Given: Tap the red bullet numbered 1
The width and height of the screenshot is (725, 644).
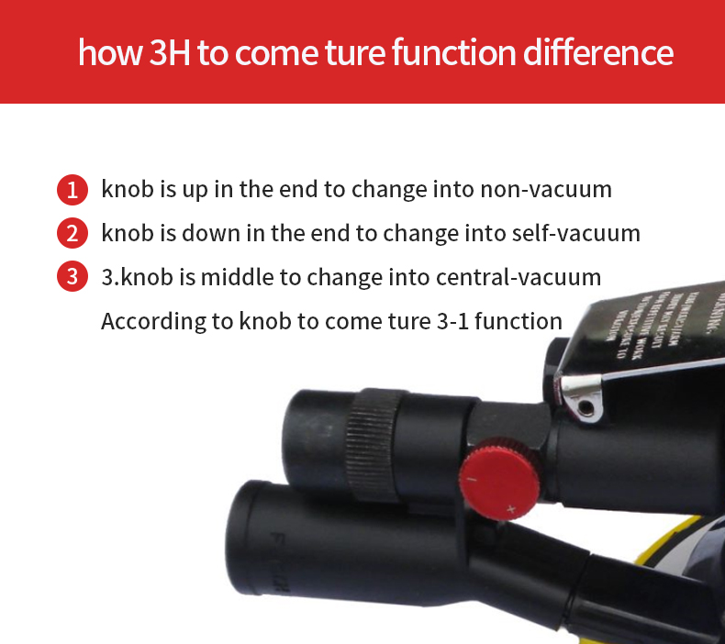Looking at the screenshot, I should (x=72, y=190).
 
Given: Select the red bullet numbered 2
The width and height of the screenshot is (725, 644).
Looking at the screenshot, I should (x=72, y=233).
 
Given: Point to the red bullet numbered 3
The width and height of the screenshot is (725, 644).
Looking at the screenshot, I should (x=72, y=277).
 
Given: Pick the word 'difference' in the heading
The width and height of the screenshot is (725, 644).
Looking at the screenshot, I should (x=598, y=52).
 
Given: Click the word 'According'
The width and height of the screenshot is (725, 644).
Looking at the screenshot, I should (x=146, y=321).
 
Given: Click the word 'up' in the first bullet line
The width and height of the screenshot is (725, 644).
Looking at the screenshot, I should (x=204, y=192).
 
